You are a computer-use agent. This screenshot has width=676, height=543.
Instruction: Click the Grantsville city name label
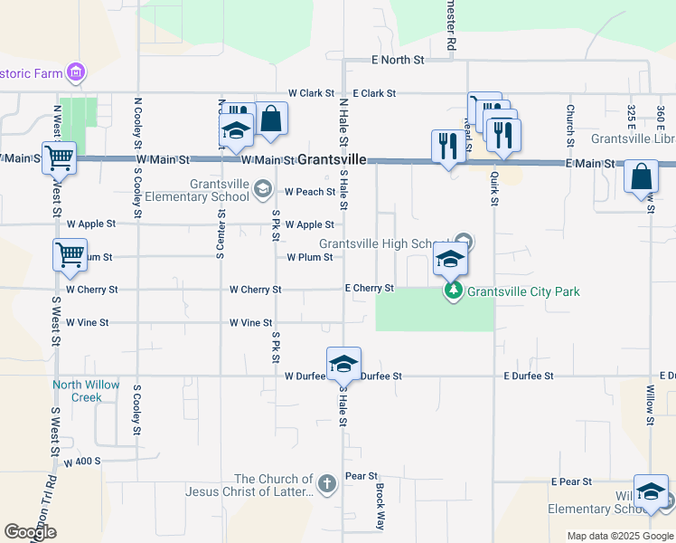(333, 159)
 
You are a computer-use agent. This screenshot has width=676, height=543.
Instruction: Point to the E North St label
(398, 60)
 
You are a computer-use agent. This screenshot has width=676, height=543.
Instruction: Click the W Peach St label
(310, 192)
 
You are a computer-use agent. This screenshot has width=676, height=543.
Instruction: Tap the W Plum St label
(310, 257)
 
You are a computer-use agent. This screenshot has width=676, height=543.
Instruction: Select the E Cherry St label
(370, 289)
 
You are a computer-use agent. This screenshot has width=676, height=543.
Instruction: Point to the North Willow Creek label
(86, 391)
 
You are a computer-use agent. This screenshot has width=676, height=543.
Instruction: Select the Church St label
(570, 125)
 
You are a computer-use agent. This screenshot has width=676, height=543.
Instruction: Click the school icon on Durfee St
(343, 364)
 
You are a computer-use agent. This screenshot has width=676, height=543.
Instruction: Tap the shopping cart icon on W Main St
(58, 157)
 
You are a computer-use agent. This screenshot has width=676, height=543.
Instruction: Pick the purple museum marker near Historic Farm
(77, 71)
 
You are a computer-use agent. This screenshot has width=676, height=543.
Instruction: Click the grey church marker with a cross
(326, 484)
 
